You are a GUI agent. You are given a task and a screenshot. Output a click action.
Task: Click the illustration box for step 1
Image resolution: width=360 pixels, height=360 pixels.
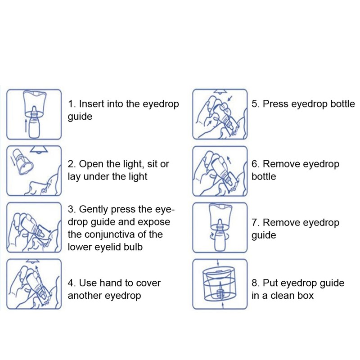tap(33, 114)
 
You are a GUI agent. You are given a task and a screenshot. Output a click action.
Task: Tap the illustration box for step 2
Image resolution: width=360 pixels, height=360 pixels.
tap(33, 171)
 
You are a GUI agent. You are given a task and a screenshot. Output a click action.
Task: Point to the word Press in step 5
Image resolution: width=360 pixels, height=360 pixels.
tap(275, 104)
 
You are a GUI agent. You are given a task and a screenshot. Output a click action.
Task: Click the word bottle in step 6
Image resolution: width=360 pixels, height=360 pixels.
tap(264, 176)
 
